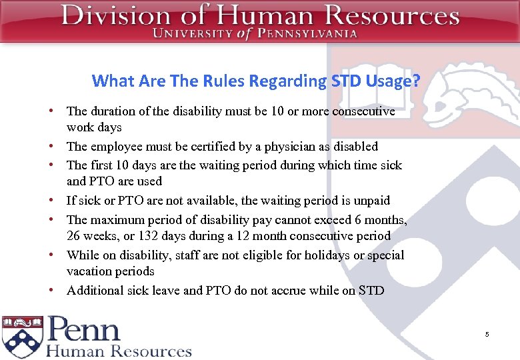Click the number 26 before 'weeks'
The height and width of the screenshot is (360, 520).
[x=73, y=236]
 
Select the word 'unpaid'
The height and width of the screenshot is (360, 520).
[x=371, y=201]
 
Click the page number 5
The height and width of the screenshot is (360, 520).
[x=487, y=334]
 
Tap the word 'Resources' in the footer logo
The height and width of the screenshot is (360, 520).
[x=151, y=351]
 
